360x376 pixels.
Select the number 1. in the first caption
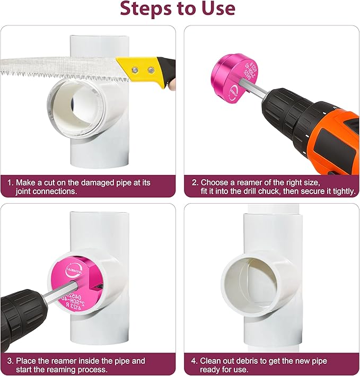point(11,182)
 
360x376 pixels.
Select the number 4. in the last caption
point(195,361)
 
